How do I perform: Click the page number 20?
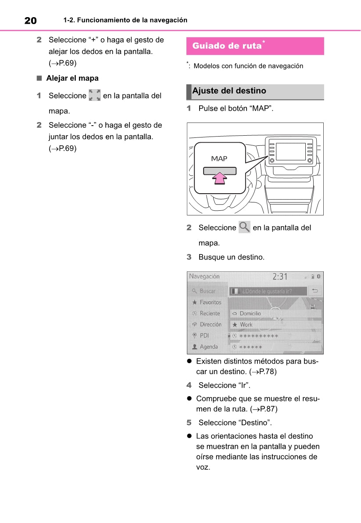[30, 20]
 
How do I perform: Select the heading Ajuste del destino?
[229, 91]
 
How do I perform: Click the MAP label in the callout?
[219, 159]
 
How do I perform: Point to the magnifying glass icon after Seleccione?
[244, 227]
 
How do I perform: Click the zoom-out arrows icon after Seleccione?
[94, 95]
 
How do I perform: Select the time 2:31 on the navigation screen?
[280, 277]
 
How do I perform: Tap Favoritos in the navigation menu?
[210, 302]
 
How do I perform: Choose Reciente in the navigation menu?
[210, 313]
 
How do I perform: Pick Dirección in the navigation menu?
[211, 324]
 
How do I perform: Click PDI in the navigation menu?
[204, 335]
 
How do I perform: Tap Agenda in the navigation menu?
[209, 346]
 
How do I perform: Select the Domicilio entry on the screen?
[250, 314]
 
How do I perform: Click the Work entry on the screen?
[246, 325]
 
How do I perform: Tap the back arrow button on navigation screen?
[315, 291]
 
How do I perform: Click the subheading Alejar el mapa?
[72, 78]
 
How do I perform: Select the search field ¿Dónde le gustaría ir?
[268, 291]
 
